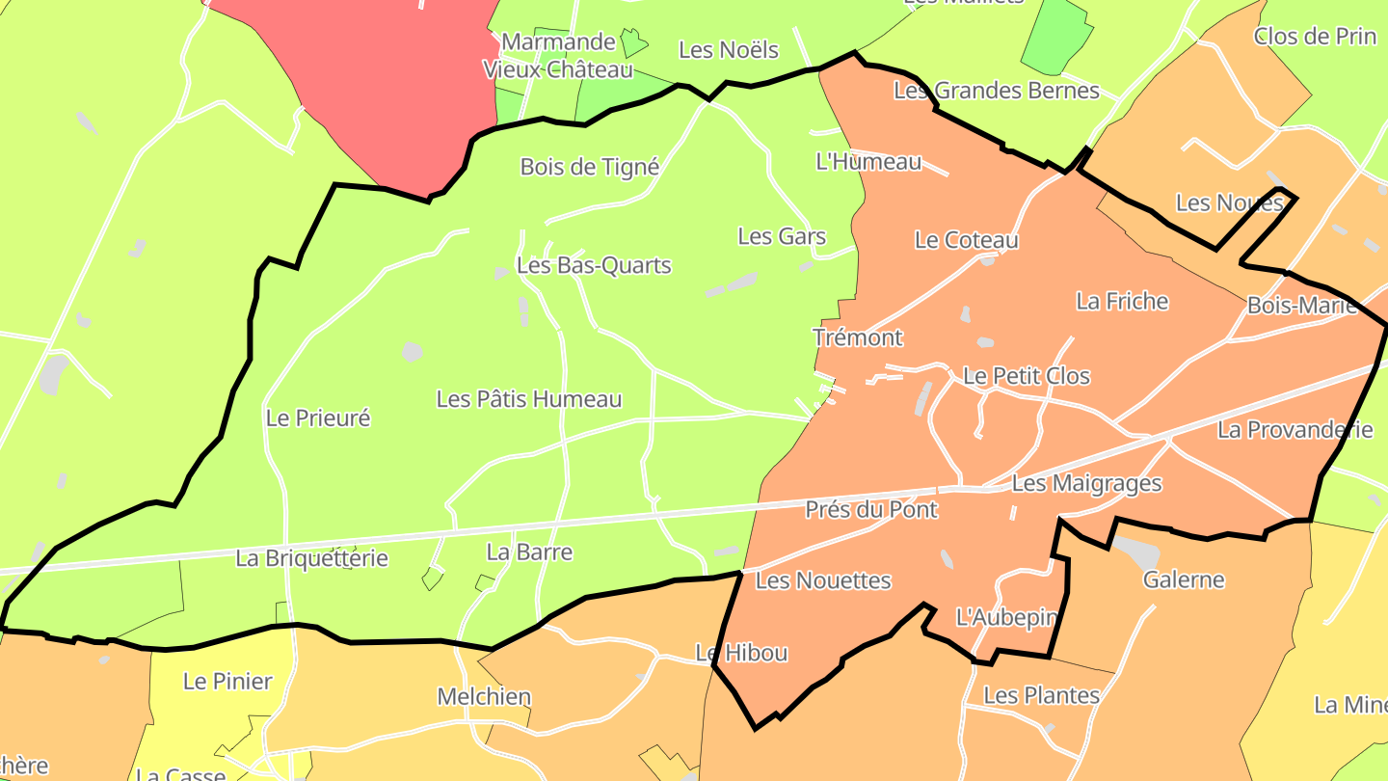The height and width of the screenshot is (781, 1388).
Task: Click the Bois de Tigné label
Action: tap(589, 167)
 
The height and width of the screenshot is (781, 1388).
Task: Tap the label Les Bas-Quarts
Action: tap(593, 265)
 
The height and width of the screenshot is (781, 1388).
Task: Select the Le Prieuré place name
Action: tap(317, 418)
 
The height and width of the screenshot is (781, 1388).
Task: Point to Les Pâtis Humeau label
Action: tap(528, 399)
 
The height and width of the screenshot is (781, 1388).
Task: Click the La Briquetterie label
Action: tap(311, 558)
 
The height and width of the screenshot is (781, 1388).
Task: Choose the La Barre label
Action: tap(529, 552)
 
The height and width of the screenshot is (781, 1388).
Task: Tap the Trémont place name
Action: tap(857, 337)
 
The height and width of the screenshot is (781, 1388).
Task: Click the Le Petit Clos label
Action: tap(1026, 376)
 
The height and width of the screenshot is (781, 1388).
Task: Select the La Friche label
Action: tap(1121, 302)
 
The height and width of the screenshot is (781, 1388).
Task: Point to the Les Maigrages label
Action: tap(1086, 483)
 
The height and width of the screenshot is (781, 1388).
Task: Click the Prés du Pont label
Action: tap(870, 509)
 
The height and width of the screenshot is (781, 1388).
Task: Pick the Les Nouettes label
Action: tap(822, 580)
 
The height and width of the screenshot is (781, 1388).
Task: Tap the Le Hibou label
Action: tap(741, 653)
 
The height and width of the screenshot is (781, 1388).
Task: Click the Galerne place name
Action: tap(1183, 579)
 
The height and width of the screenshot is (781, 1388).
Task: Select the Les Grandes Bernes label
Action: tap(996, 91)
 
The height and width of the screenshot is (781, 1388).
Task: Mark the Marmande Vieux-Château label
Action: tap(558, 56)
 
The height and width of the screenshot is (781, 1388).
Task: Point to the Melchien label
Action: tap(483, 696)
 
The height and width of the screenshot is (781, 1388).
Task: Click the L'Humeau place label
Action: tap(867, 162)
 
